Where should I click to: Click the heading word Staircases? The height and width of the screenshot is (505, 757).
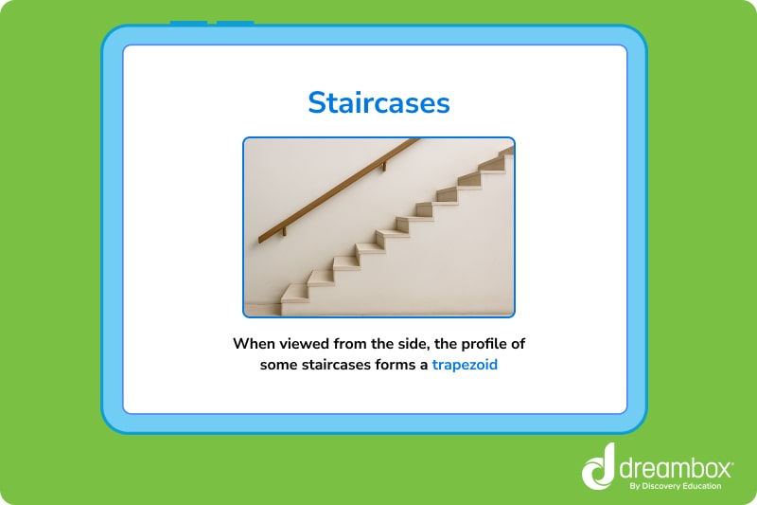pyautogui.click(x=378, y=102)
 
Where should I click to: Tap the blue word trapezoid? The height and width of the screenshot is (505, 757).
pyautogui.click(x=465, y=365)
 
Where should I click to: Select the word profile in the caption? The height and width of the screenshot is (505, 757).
pyautogui.click(x=479, y=344)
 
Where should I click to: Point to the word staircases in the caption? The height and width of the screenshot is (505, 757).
pyautogui.click(x=346, y=365)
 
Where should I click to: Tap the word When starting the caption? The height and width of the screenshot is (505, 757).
pyautogui.click(x=255, y=344)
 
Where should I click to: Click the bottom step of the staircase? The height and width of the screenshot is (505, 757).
pyautogui.click(x=295, y=294)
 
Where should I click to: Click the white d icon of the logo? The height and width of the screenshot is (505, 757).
pyautogui.click(x=598, y=467)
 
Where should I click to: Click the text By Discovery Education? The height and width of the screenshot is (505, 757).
pyautogui.click(x=675, y=486)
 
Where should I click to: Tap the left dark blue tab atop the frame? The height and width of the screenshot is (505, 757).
pyautogui.click(x=188, y=23)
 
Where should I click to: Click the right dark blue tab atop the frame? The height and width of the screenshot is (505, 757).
pyautogui.click(x=235, y=23)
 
